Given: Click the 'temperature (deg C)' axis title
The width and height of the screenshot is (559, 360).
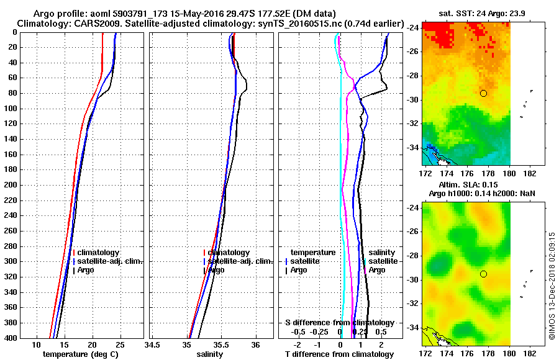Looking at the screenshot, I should pyautogui.click(x=80, y=354).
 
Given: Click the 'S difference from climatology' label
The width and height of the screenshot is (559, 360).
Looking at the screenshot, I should pyautogui.click(x=339, y=323).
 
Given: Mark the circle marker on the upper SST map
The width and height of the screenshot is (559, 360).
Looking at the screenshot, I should pyautogui.click(x=483, y=93).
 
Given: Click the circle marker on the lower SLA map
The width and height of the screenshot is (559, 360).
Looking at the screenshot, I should pyautogui.click(x=483, y=274).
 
